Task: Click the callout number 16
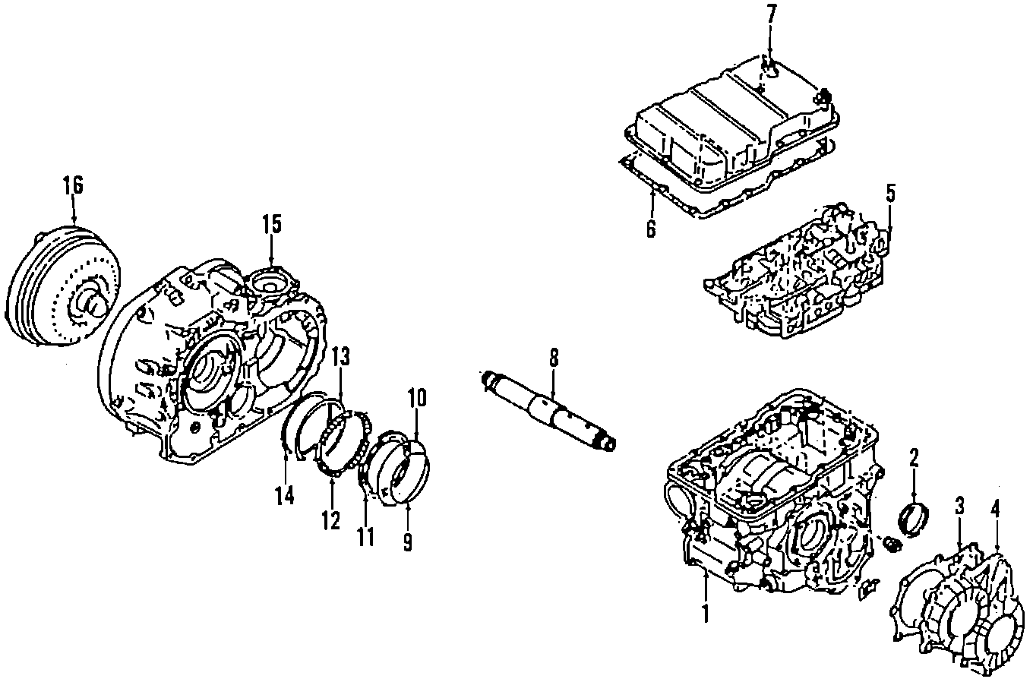point(74,185)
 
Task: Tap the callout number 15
point(272,226)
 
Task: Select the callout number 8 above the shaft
point(554,358)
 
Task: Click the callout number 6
point(651,229)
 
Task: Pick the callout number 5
point(890,194)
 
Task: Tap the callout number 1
point(705,614)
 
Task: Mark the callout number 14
point(286,496)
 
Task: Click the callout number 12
point(331,521)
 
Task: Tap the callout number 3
point(959,506)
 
